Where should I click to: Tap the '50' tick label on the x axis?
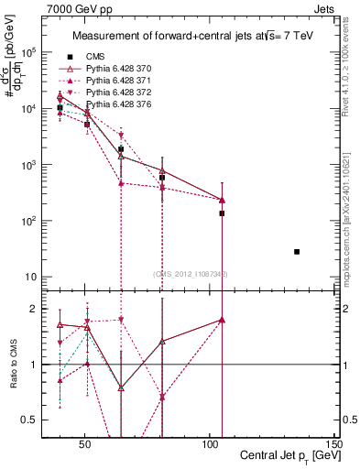pyautogui.click(x=84, y=444)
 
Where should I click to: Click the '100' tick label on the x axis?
pyautogui.click(x=210, y=444)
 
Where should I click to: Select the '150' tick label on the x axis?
pyautogui.click(x=335, y=444)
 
